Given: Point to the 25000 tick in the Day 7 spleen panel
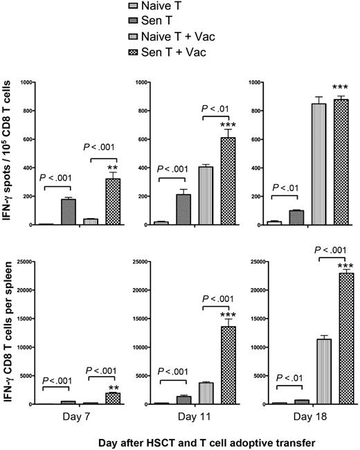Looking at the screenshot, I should (x=28, y=261).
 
